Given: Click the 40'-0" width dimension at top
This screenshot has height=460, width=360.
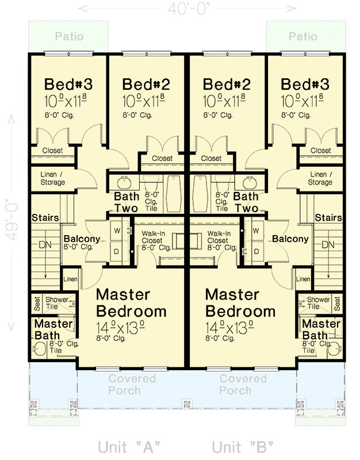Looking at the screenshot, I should (x=188, y=9).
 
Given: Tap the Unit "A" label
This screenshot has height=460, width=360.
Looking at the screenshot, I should (x=128, y=447).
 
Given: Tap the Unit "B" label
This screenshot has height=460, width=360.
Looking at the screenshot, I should (x=242, y=447).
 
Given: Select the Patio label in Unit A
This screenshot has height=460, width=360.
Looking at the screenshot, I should (x=69, y=37).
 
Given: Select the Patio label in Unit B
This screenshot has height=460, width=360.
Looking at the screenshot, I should (x=302, y=37).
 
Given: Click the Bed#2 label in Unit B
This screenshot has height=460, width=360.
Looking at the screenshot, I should (x=227, y=85).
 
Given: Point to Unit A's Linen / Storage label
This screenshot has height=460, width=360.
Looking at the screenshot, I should (x=52, y=178).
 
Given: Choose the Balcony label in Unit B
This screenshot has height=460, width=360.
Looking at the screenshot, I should (x=290, y=239).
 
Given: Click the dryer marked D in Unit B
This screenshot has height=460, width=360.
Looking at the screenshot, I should (x=256, y=251).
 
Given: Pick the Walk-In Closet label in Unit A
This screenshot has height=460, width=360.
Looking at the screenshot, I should (x=156, y=240).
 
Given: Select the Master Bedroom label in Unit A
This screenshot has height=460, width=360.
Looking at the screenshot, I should (x=131, y=303).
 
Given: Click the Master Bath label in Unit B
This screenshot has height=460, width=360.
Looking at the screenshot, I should (x=321, y=329).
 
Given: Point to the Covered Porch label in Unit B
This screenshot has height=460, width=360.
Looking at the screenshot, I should (x=243, y=384).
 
